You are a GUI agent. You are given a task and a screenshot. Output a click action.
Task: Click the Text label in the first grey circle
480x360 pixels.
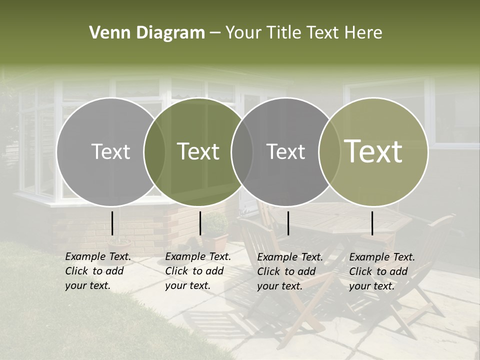pos(111,152)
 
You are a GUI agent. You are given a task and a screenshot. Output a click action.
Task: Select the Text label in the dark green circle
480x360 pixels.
pos(198,152)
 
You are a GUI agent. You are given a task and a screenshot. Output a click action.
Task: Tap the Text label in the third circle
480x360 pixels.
pos(286,152)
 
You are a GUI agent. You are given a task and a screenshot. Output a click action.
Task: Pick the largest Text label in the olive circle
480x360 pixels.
pos(373,151)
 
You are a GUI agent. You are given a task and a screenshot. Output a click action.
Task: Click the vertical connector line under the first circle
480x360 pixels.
pos(112,223)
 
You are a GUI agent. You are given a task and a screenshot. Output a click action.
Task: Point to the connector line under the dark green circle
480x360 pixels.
pos(200,223)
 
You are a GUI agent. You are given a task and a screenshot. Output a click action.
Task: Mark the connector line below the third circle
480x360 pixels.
pos(288,223)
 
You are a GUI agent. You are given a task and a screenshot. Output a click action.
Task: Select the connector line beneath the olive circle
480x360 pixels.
pos(372,223)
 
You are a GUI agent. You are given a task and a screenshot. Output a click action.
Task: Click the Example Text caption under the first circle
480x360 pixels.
pos(97,271)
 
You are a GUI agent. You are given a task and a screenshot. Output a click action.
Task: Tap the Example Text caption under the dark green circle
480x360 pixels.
pos(197,271)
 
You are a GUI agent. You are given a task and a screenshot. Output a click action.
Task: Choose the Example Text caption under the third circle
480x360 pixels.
pos(290,271)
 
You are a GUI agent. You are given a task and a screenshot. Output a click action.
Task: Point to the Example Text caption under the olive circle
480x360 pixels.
pos(381,271)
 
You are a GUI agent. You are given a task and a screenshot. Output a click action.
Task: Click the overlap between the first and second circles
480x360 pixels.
pos(154,152)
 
